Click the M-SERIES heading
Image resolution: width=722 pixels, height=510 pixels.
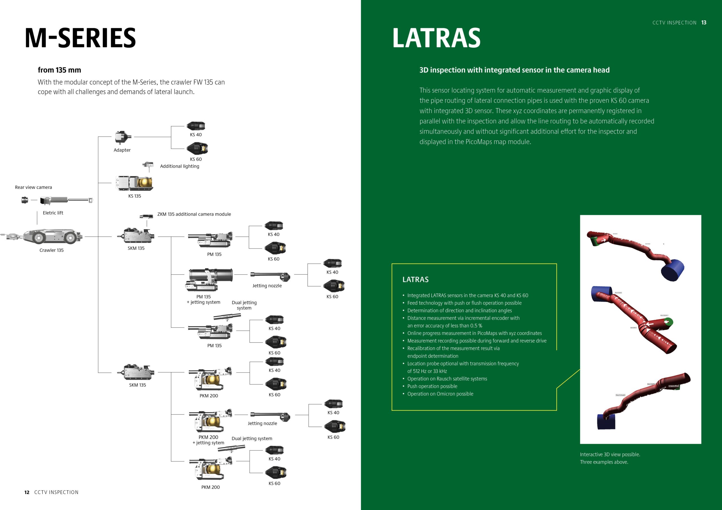80,38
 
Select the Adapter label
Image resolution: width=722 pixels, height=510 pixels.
122,150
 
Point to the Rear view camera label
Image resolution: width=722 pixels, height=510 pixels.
33,187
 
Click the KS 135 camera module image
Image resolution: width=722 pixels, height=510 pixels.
134,183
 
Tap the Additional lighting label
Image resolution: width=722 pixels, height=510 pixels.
180,166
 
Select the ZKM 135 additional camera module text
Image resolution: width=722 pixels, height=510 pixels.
194,214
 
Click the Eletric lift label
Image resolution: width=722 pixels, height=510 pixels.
53,213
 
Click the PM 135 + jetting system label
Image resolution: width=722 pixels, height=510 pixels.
203,300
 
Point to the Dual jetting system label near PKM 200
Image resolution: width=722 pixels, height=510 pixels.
252,439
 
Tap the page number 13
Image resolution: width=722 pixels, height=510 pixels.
704,23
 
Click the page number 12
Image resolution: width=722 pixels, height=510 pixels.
27,493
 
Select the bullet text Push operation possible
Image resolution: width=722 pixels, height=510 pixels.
432,387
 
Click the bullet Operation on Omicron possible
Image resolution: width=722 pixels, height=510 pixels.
440,394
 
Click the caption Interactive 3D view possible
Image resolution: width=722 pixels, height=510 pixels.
610,455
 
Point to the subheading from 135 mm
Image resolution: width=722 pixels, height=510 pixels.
60,70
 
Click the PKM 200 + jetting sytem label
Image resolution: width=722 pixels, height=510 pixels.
208,440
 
